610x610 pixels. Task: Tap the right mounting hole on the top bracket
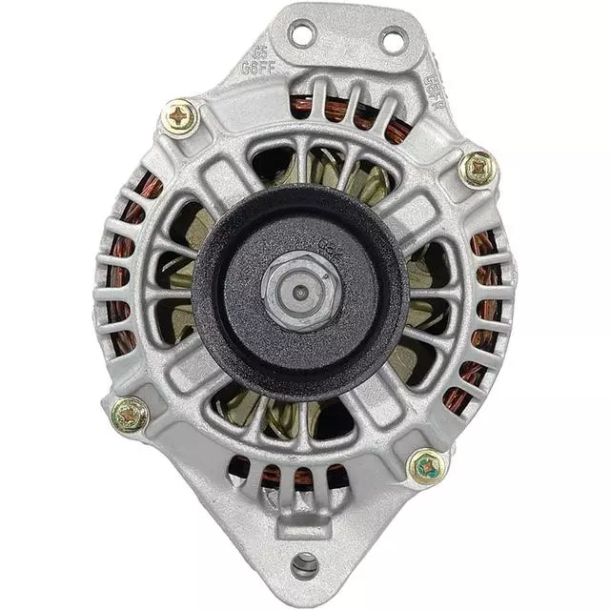point(393,40)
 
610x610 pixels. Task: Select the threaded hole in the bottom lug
point(304,566)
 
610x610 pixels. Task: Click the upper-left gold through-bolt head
point(180,118)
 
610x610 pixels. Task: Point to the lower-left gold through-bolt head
point(129,415)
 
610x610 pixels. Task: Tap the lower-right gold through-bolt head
point(426,466)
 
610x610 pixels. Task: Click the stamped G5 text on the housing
point(258,52)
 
